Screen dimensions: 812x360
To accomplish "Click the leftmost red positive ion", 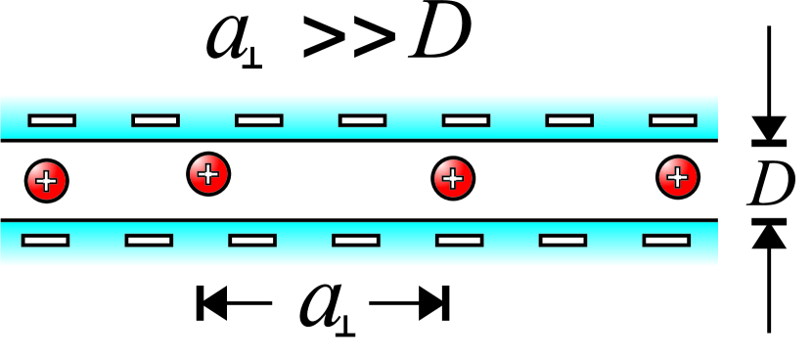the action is tap(46, 180).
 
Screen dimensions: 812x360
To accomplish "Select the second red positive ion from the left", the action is tap(207, 175).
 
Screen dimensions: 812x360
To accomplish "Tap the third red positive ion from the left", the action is tap(453, 179).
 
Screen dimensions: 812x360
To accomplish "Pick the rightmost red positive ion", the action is tap(677, 176).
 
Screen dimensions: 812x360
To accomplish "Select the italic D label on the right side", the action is tap(770, 182).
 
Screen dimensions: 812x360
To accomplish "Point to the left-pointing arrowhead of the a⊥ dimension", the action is tap(209, 304).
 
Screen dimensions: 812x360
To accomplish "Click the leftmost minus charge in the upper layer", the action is tap(52, 120).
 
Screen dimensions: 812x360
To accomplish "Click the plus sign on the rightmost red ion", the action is tap(676, 177).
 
